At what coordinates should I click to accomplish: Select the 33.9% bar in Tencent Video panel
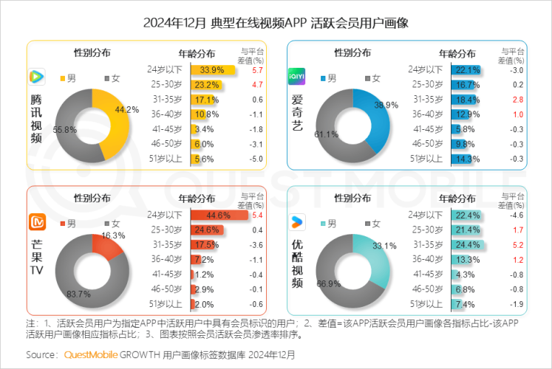coord(213,70)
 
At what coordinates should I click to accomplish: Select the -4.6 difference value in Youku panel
coord(517,215)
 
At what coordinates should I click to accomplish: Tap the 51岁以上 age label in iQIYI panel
coord(425,158)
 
